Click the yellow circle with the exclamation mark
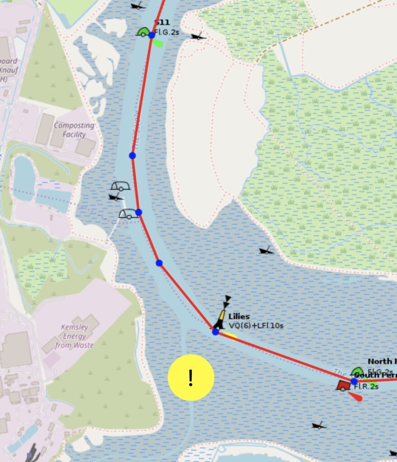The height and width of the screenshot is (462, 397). (191, 378)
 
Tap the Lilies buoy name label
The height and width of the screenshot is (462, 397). (239, 317)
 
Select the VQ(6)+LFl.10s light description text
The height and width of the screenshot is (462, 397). (256, 325)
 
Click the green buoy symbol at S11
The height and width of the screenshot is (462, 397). (143, 32)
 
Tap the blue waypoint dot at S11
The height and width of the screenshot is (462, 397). (152, 35)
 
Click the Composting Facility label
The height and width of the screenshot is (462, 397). (74, 129)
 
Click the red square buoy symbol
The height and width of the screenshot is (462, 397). (343, 385)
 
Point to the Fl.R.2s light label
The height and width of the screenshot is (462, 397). (366, 386)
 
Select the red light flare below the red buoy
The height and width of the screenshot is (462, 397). (355, 397)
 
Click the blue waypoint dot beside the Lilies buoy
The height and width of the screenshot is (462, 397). (215, 332)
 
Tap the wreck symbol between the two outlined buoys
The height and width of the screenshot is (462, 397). (116, 197)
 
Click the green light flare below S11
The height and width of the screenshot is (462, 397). (158, 43)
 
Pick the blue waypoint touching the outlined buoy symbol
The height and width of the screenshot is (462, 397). (139, 212)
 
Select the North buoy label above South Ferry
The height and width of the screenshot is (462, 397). (382, 361)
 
